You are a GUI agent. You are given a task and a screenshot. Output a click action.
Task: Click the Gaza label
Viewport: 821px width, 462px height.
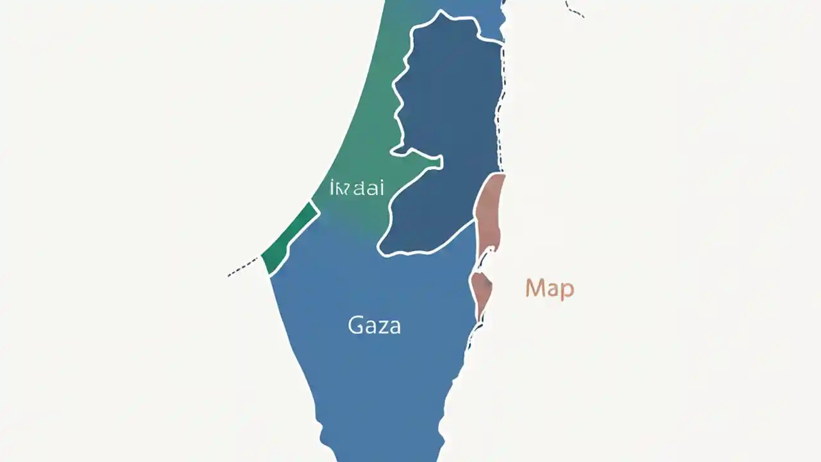(x=375, y=325)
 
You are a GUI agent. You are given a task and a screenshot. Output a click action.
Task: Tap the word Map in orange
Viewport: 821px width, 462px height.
(x=549, y=289)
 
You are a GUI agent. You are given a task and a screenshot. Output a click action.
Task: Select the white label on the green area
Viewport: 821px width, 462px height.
(x=357, y=189)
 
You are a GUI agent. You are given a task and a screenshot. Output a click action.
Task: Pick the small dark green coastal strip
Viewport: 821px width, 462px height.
(x=290, y=237)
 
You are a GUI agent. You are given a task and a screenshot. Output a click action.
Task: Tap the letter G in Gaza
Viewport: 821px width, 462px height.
(x=355, y=325)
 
